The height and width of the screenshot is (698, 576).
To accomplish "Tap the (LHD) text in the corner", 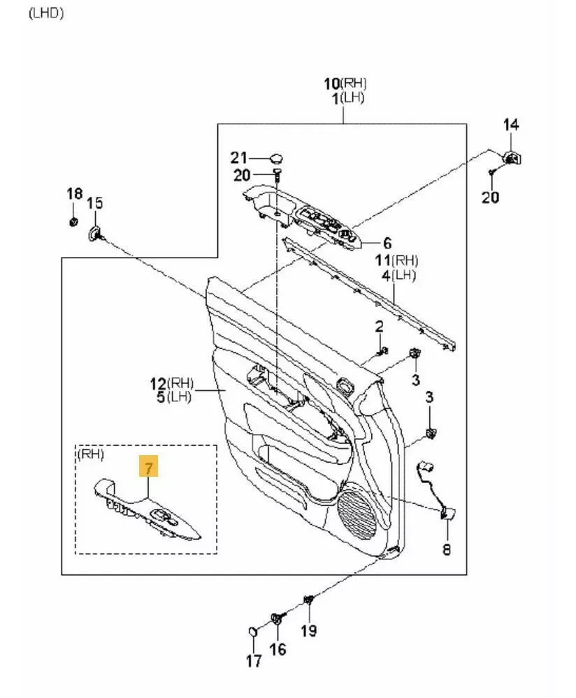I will pos(46,13).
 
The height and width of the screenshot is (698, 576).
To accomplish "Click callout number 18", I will pos(74,193).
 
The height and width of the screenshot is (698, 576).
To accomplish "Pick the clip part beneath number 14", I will pos(512,156).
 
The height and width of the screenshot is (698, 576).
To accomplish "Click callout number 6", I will pos(387,244).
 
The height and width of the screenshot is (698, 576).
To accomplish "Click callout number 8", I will pos(446,550).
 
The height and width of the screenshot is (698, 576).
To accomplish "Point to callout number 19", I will pos(308,631).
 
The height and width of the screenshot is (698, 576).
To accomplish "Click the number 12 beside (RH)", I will pos(157,383).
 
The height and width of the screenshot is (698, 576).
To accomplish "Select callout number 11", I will pos(382,260).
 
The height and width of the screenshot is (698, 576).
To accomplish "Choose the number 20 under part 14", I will pos(491,198).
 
